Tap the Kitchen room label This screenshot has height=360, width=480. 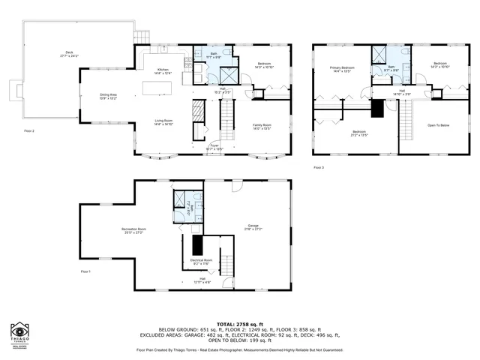pyautogui.click(x=163, y=72)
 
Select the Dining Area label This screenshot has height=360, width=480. pyautogui.click(x=109, y=97)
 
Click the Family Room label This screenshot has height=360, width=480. pyautogui.click(x=262, y=125)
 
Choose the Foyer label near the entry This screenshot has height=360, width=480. pyautogui.click(x=214, y=147)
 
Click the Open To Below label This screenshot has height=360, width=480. pyautogui.click(x=439, y=125)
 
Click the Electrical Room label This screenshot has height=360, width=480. pyautogui.click(x=202, y=262)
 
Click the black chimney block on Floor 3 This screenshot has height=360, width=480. pyautogui.click(x=377, y=107)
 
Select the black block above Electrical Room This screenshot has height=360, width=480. pyautogui.click(x=197, y=244)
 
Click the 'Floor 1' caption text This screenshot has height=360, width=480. pyautogui.click(x=85, y=271)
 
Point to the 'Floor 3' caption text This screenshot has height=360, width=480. pyautogui.click(x=319, y=166)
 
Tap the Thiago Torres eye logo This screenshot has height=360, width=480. pyautogui.click(x=19, y=331)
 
